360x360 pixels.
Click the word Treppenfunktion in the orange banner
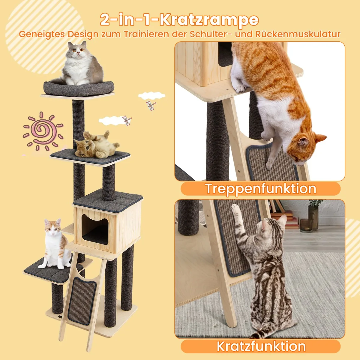(261, 189)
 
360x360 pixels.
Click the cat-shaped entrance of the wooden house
(95, 229)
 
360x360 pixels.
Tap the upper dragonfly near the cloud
(151, 106)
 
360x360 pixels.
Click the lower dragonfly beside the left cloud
(127, 121)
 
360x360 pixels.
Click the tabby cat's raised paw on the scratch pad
(235, 209)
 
